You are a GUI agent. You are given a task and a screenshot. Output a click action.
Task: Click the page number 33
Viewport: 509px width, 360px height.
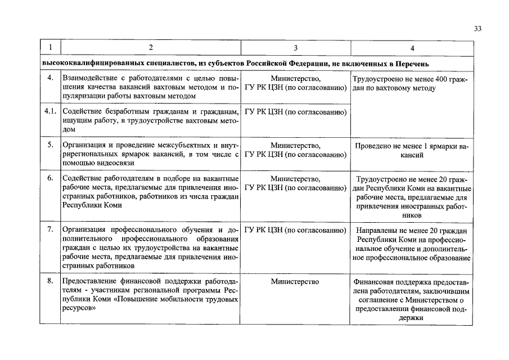tap(478, 29)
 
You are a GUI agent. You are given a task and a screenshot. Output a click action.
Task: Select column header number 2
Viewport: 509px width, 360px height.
tap(150, 48)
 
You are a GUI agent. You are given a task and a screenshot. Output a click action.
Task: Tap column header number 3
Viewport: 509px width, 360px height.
tap(295, 48)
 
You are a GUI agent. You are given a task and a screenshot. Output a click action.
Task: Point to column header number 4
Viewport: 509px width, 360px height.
tap(411, 48)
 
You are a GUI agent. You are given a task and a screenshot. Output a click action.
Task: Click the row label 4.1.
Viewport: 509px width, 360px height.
tap(50, 111)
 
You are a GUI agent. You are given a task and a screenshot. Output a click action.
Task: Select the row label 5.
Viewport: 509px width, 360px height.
tap(50, 145)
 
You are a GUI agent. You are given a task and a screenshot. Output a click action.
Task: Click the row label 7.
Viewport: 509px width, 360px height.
tap(50, 229)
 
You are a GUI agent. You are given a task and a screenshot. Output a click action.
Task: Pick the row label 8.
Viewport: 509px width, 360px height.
tap(50, 281)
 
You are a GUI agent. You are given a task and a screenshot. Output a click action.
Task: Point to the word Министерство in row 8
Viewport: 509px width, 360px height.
tap(295, 281)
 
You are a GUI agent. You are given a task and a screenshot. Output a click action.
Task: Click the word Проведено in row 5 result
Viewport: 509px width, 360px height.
tap(373, 146)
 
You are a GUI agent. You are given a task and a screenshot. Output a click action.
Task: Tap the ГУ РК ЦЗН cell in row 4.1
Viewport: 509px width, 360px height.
tap(295, 111)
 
